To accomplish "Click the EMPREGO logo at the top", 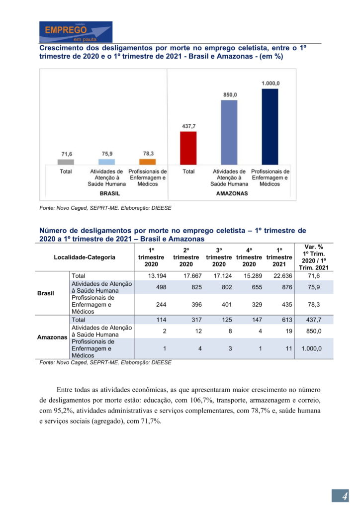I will (76, 31).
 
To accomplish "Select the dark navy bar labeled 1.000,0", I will (270, 126).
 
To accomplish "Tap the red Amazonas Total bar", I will (188, 148).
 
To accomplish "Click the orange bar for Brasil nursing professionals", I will (148, 162).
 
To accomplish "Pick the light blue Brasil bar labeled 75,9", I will (107, 162).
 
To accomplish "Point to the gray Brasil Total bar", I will (66, 162).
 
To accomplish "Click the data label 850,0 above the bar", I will (229, 94).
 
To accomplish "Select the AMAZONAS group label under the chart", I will (232, 193).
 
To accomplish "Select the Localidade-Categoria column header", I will (85, 257).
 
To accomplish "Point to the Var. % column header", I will (314, 257).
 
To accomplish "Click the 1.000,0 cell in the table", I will (312, 348).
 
